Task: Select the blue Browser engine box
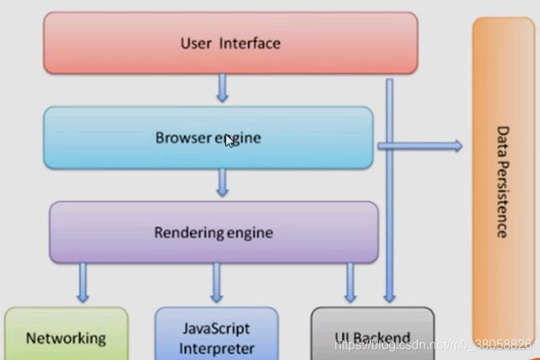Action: point(207,138)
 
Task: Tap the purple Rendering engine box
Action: point(213,233)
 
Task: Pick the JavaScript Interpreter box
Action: point(217,337)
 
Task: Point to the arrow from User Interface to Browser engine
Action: point(222,88)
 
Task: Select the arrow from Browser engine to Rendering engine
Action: point(222,182)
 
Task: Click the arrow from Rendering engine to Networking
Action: point(83,283)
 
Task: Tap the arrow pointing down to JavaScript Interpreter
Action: point(217,283)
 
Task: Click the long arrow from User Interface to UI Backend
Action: point(389,191)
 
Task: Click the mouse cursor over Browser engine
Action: point(229,141)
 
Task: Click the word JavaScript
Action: point(217,328)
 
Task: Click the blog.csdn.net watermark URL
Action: point(433,344)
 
